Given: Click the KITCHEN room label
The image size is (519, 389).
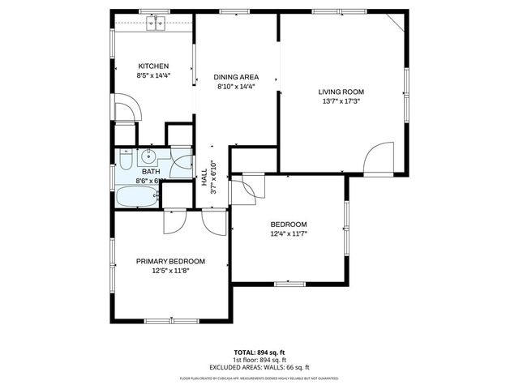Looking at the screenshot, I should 153,66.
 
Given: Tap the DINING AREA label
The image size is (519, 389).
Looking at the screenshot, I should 236,77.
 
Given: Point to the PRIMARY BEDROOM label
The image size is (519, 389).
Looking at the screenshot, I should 170,261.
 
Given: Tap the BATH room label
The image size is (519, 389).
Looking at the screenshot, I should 151,171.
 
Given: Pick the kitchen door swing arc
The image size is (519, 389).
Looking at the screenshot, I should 127,109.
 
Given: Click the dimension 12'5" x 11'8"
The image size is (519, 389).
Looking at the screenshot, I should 170,271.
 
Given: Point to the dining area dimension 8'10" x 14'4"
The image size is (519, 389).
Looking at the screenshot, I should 236,87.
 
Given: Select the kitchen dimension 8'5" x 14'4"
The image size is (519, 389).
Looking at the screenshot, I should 153,76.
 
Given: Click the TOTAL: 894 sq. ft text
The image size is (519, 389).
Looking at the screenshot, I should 259,352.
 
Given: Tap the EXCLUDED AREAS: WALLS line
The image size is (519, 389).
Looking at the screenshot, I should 259,366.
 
